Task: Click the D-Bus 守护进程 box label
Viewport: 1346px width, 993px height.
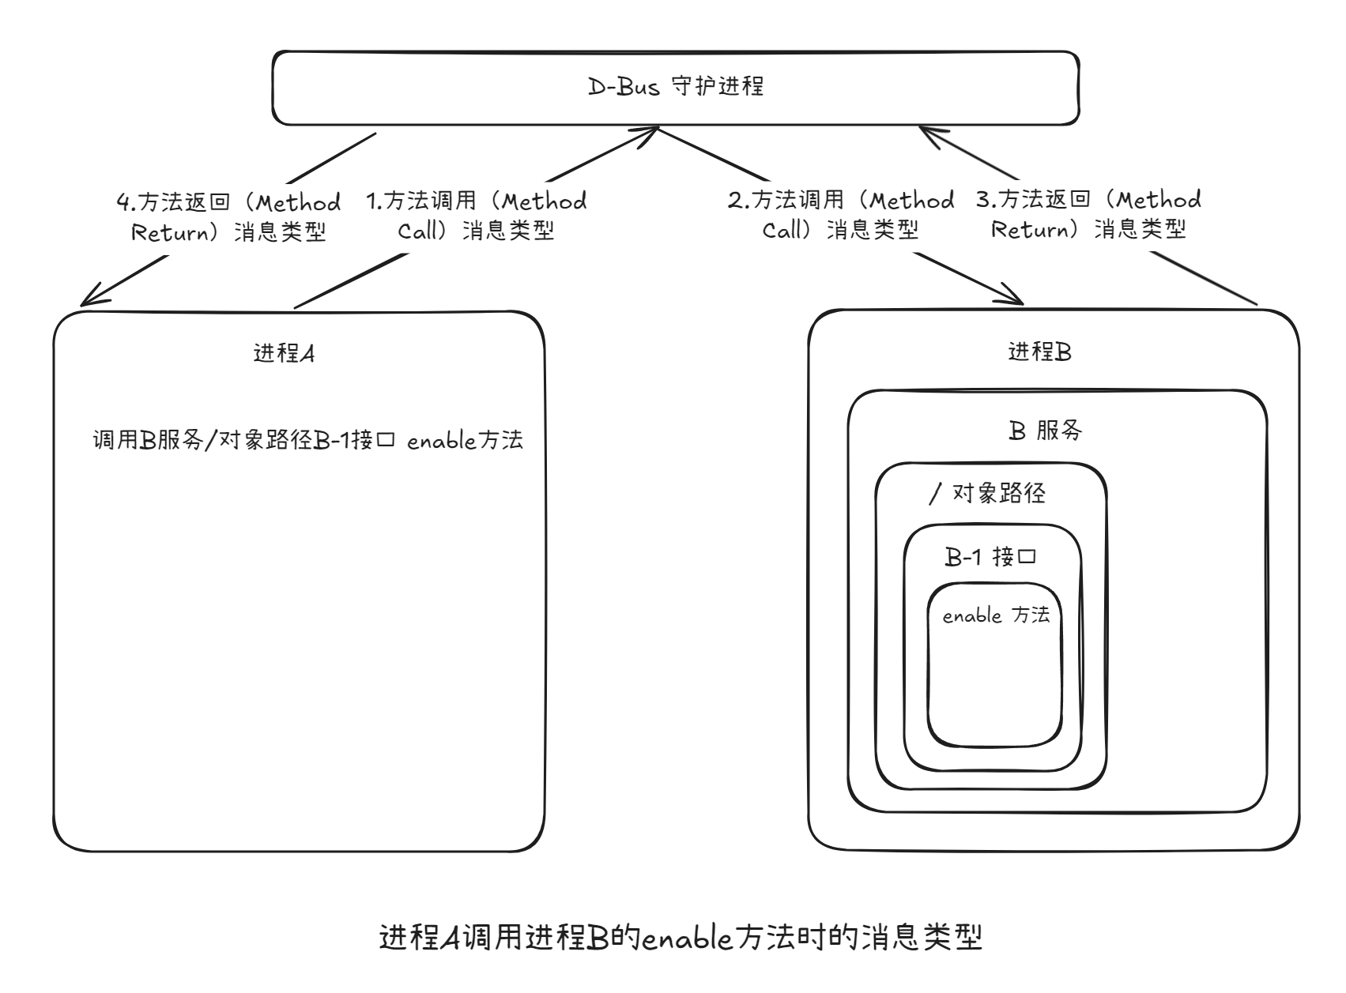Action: [676, 86]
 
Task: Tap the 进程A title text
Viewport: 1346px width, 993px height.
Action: [284, 352]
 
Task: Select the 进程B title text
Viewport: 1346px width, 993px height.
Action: [1040, 352]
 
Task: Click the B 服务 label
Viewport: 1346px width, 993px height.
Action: [1046, 431]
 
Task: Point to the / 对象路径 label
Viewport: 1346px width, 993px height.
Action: [987, 494]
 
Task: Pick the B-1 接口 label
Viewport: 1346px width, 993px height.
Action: [990, 557]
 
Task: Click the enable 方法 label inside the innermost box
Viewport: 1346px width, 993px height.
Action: [996, 615]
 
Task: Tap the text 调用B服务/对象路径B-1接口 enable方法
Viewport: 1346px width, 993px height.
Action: [308, 440]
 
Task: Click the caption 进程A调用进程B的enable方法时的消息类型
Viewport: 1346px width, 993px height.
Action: [681, 938]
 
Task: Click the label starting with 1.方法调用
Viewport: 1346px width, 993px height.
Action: [477, 216]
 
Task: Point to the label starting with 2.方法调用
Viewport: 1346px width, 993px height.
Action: [841, 215]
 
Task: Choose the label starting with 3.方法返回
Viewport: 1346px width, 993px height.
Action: [1089, 214]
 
